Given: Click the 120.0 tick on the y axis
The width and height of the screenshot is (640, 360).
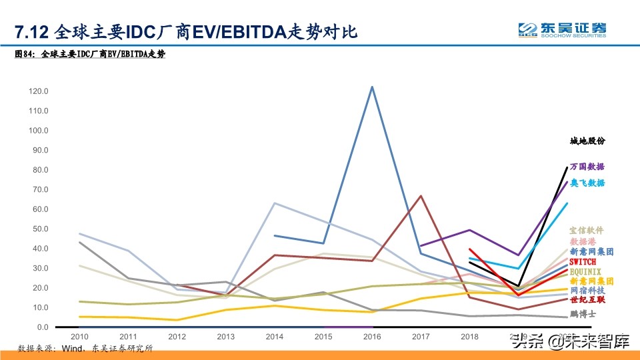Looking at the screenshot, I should (x=39, y=91).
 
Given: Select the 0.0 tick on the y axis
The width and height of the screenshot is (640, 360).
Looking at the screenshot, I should (x=43, y=327).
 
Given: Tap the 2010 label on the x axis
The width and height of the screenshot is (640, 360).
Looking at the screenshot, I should (x=80, y=337).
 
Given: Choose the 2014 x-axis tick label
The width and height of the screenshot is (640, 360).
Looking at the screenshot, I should (x=274, y=337).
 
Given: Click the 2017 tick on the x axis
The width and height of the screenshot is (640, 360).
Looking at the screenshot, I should (x=420, y=337).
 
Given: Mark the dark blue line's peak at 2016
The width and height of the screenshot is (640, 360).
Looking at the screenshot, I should (x=371, y=87).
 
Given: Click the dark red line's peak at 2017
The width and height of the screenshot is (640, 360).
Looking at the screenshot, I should (x=420, y=196).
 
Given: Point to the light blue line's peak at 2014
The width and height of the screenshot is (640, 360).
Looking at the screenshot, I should (x=275, y=203).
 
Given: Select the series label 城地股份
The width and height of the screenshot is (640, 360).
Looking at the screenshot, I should (x=587, y=141).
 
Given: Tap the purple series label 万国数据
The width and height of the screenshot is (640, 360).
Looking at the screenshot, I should (x=587, y=167).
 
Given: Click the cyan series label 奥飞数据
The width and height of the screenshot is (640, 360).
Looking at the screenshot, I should (x=587, y=183).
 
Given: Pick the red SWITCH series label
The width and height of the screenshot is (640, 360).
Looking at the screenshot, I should (x=583, y=262).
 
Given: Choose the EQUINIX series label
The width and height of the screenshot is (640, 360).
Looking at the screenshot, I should (x=585, y=271).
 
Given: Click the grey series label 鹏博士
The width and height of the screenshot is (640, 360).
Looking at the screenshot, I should (x=583, y=313).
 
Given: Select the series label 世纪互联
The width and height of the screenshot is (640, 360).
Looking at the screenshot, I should (x=587, y=300).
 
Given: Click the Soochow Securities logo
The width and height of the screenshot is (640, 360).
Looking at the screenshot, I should (x=563, y=29).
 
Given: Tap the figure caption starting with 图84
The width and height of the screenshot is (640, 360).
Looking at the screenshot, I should (x=90, y=55).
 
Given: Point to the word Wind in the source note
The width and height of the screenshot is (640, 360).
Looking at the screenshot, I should (x=71, y=349).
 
